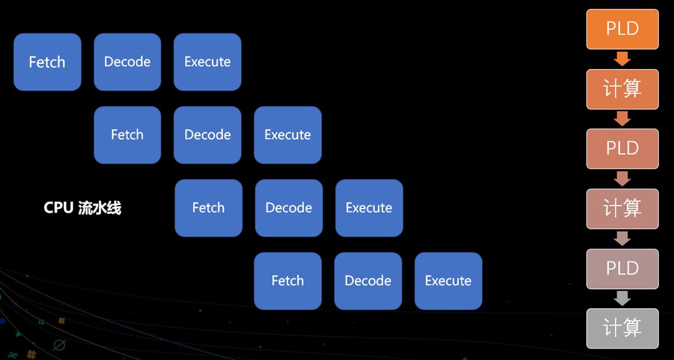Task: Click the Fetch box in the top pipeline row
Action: [47, 62]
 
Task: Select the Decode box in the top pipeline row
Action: [127, 62]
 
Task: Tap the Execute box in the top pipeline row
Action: [208, 62]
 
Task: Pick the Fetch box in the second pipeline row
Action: [127, 135]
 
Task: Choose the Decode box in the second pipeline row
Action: [208, 135]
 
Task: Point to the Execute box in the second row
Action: [287, 135]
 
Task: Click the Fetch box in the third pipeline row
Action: [208, 208]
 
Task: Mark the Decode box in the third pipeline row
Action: [289, 208]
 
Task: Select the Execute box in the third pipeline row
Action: [369, 208]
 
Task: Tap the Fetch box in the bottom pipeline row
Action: [288, 280]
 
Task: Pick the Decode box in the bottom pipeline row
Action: [368, 280]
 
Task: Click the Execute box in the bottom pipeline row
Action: [448, 280]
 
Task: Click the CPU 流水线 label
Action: [82, 208]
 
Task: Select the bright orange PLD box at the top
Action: [622, 29]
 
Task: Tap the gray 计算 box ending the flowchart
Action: [622, 328]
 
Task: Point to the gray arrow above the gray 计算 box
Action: [622, 298]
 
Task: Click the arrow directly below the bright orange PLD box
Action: [622, 59]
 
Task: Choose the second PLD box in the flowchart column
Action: [622, 149]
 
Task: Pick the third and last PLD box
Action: [622, 268]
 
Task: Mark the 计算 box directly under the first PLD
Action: [622, 89]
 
